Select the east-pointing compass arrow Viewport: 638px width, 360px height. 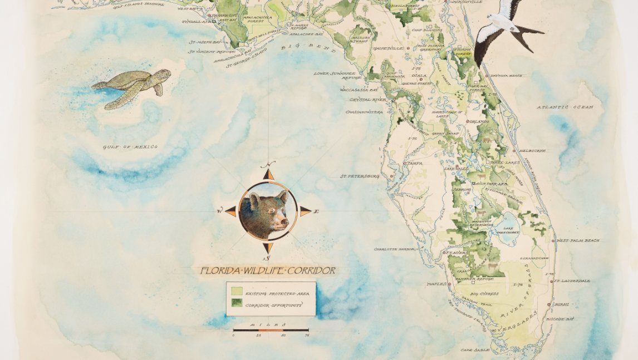pos(305,211)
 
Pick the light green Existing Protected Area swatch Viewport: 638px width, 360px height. pos(236,291)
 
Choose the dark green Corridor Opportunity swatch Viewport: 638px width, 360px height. pos(236,304)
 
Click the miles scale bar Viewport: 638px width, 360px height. pos(271,330)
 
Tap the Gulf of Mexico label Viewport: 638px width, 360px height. pos(130,147)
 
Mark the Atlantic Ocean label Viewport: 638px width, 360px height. pos(565,107)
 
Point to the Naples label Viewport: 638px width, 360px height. pos(436,284)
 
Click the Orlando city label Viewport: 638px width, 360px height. pos(479,121)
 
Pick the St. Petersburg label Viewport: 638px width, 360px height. pos(360,176)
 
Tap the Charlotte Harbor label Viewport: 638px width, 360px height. pos(394,249)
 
